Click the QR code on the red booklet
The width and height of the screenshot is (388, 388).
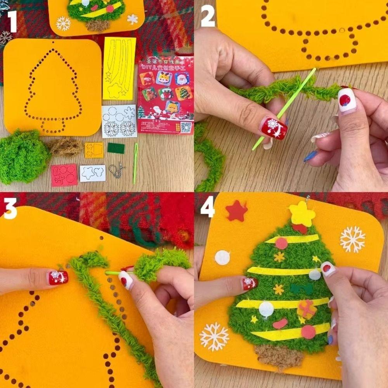coord(186,127)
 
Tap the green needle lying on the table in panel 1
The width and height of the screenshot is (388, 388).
coord(135,163)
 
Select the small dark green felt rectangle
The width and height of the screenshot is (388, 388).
coord(116,148)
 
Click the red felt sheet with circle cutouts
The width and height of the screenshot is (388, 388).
coord(64,175)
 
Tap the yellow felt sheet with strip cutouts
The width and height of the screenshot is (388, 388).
coord(119,68)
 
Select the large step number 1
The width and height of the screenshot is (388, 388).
coord(12,21)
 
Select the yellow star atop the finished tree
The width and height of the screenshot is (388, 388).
coord(302,214)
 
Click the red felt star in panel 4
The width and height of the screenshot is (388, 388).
coord(237,211)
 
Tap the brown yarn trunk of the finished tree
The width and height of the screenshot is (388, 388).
coord(279,355)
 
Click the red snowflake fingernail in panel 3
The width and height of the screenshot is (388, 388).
coord(58,277)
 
